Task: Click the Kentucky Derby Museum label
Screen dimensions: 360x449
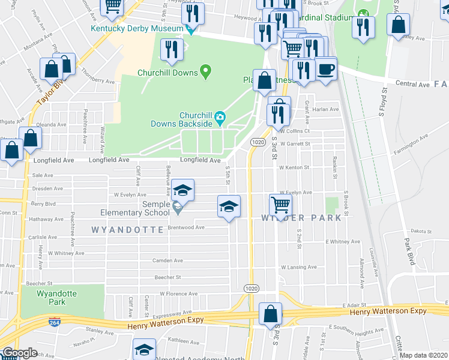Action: click(137, 28)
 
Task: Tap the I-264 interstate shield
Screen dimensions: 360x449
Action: click(55, 321)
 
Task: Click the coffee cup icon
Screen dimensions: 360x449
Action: click(326, 69)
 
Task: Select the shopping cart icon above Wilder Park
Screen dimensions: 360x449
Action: click(280, 204)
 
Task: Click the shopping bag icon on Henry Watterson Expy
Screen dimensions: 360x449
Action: click(271, 314)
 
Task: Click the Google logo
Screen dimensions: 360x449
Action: click(19, 353)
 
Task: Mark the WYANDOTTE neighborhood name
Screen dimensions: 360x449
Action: click(127, 230)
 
